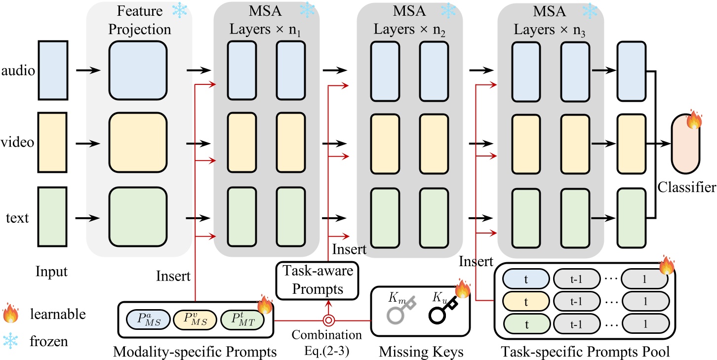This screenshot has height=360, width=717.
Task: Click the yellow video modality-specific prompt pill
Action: click(x=195, y=320)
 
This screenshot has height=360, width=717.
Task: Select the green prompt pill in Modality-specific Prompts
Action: click(x=241, y=320)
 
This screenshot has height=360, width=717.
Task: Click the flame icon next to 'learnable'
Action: click(x=10, y=314)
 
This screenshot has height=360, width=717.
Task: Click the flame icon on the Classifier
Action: click(x=693, y=120)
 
